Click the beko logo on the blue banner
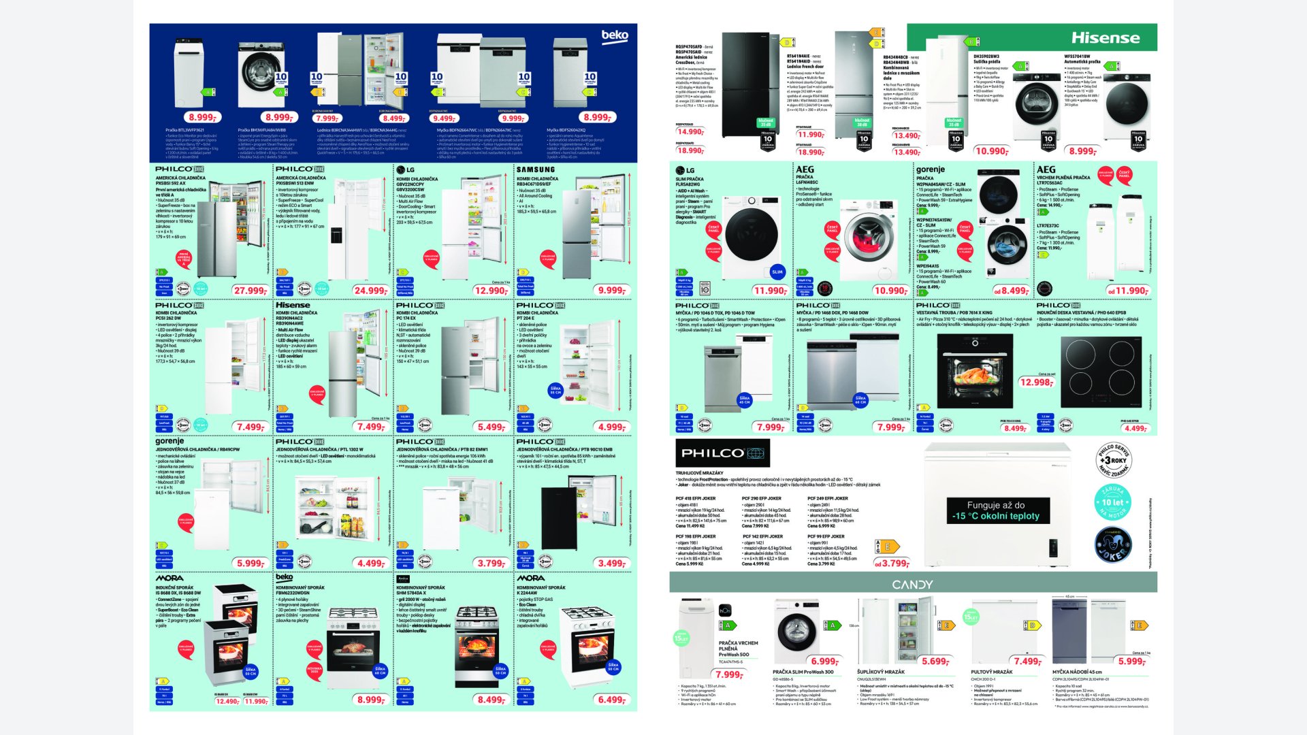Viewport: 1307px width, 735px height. click(614, 35)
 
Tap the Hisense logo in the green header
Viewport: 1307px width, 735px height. click(1105, 38)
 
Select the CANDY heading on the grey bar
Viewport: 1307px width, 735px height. click(912, 585)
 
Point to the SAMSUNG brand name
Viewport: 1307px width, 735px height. click(535, 169)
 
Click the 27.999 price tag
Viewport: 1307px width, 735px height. click(250, 291)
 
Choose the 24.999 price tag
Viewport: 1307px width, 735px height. click(370, 291)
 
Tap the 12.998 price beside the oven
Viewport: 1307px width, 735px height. click(1036, 382)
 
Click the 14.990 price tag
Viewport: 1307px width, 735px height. click(690, 132)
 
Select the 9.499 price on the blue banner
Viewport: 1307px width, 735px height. click(445, 118)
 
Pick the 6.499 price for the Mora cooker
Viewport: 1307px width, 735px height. click(611, 700)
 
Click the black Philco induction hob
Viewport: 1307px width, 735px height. click(1101, 363)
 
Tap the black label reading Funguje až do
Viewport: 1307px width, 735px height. click(996, 510)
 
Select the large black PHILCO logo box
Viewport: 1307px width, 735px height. click(722, 453)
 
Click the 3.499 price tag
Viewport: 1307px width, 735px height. click(611, 563)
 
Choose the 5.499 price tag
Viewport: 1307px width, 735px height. click(490, 427)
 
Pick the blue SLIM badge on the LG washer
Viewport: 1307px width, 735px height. click(777, 272)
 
